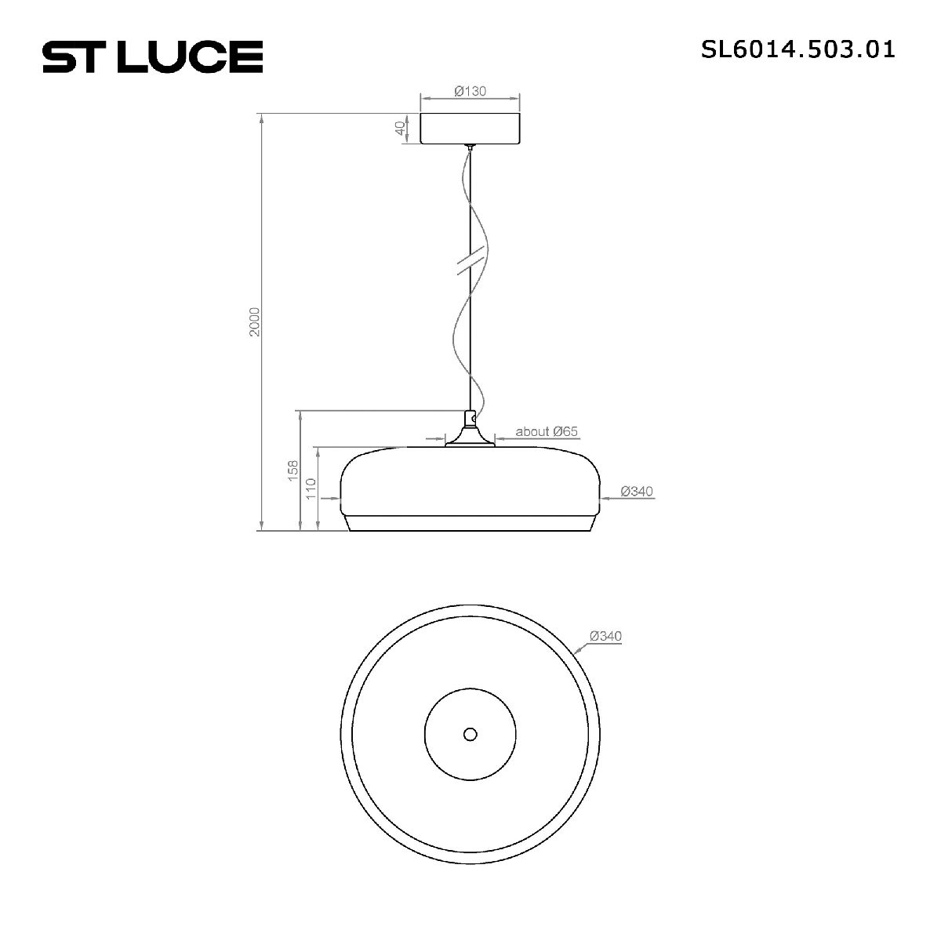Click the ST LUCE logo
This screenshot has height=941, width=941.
(x=152, y=56)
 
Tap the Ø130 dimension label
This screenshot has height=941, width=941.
(x=470, y=91)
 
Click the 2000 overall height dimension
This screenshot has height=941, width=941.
(x=253, y=322)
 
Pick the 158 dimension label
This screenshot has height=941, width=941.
(x=292, y=470)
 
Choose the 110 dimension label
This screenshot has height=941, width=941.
(x=311, y=489)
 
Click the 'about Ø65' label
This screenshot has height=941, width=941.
(x=547, y=431)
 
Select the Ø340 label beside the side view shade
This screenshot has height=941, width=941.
(x=636, y=492)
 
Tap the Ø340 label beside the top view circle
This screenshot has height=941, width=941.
(x=605, y=636)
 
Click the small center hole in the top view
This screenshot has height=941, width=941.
(x=470, y=734)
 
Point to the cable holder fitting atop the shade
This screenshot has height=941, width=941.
(x=470, y=430)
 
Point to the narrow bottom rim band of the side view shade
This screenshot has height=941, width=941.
(x=470, y=524)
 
